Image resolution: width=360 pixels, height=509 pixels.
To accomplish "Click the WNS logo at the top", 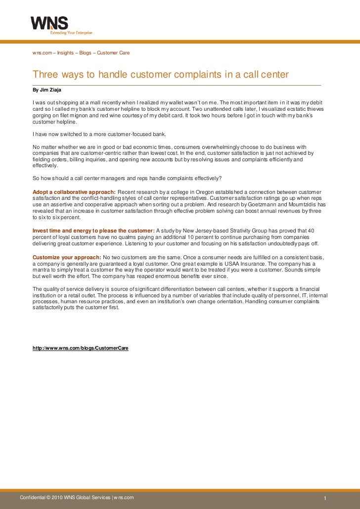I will pyautogui.click(x=49, y=23).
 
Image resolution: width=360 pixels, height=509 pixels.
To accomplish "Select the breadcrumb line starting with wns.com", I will pyautogui.click(x=81, y=52).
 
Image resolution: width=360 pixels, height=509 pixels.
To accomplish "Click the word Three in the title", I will pyautogui.click(x=45, y=75).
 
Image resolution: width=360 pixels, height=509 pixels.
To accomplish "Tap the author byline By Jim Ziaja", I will pyautogui.click(x=47, y=90).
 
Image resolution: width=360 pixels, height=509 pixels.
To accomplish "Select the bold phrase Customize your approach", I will pyautogui.click(x=67, y=258).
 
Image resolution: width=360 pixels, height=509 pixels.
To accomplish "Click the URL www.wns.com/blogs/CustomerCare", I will pyautogui.click(x=81, y=348).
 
